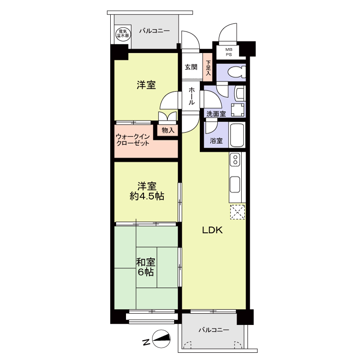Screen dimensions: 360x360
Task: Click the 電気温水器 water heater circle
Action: (x=123, y=34)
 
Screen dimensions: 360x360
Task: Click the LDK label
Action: (x=212, y=230)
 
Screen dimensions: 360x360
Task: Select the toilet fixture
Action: (x=237, y=72)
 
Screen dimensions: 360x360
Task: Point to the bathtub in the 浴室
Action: (x=238, y=135)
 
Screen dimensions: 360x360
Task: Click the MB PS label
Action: (x=229, y=52)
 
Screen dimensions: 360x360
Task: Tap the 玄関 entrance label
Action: (x=191, y=67)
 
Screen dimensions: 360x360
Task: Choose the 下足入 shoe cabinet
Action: (x=208, y=67)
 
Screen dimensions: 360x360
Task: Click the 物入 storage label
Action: (x=168, y=130)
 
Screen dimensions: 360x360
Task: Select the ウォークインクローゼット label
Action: (x=133, y=140)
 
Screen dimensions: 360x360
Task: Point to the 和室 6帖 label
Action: (x=145, y=267)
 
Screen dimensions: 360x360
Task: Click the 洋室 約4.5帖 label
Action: (x=147, y=191)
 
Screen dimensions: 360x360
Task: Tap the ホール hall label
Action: (x=192, y=96)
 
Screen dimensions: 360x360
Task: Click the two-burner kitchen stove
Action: (x=235, y=160)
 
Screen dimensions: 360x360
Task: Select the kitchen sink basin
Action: (x=235, y=184)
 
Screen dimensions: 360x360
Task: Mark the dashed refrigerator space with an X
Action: (x=238, y=212)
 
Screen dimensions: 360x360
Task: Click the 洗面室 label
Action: (x=216, y=114)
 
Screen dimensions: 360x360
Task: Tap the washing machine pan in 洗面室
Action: (x=238, y=110)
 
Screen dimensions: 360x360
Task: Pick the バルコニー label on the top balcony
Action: (x=154, y=31)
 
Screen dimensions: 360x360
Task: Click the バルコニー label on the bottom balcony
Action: (x=214, y=330)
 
